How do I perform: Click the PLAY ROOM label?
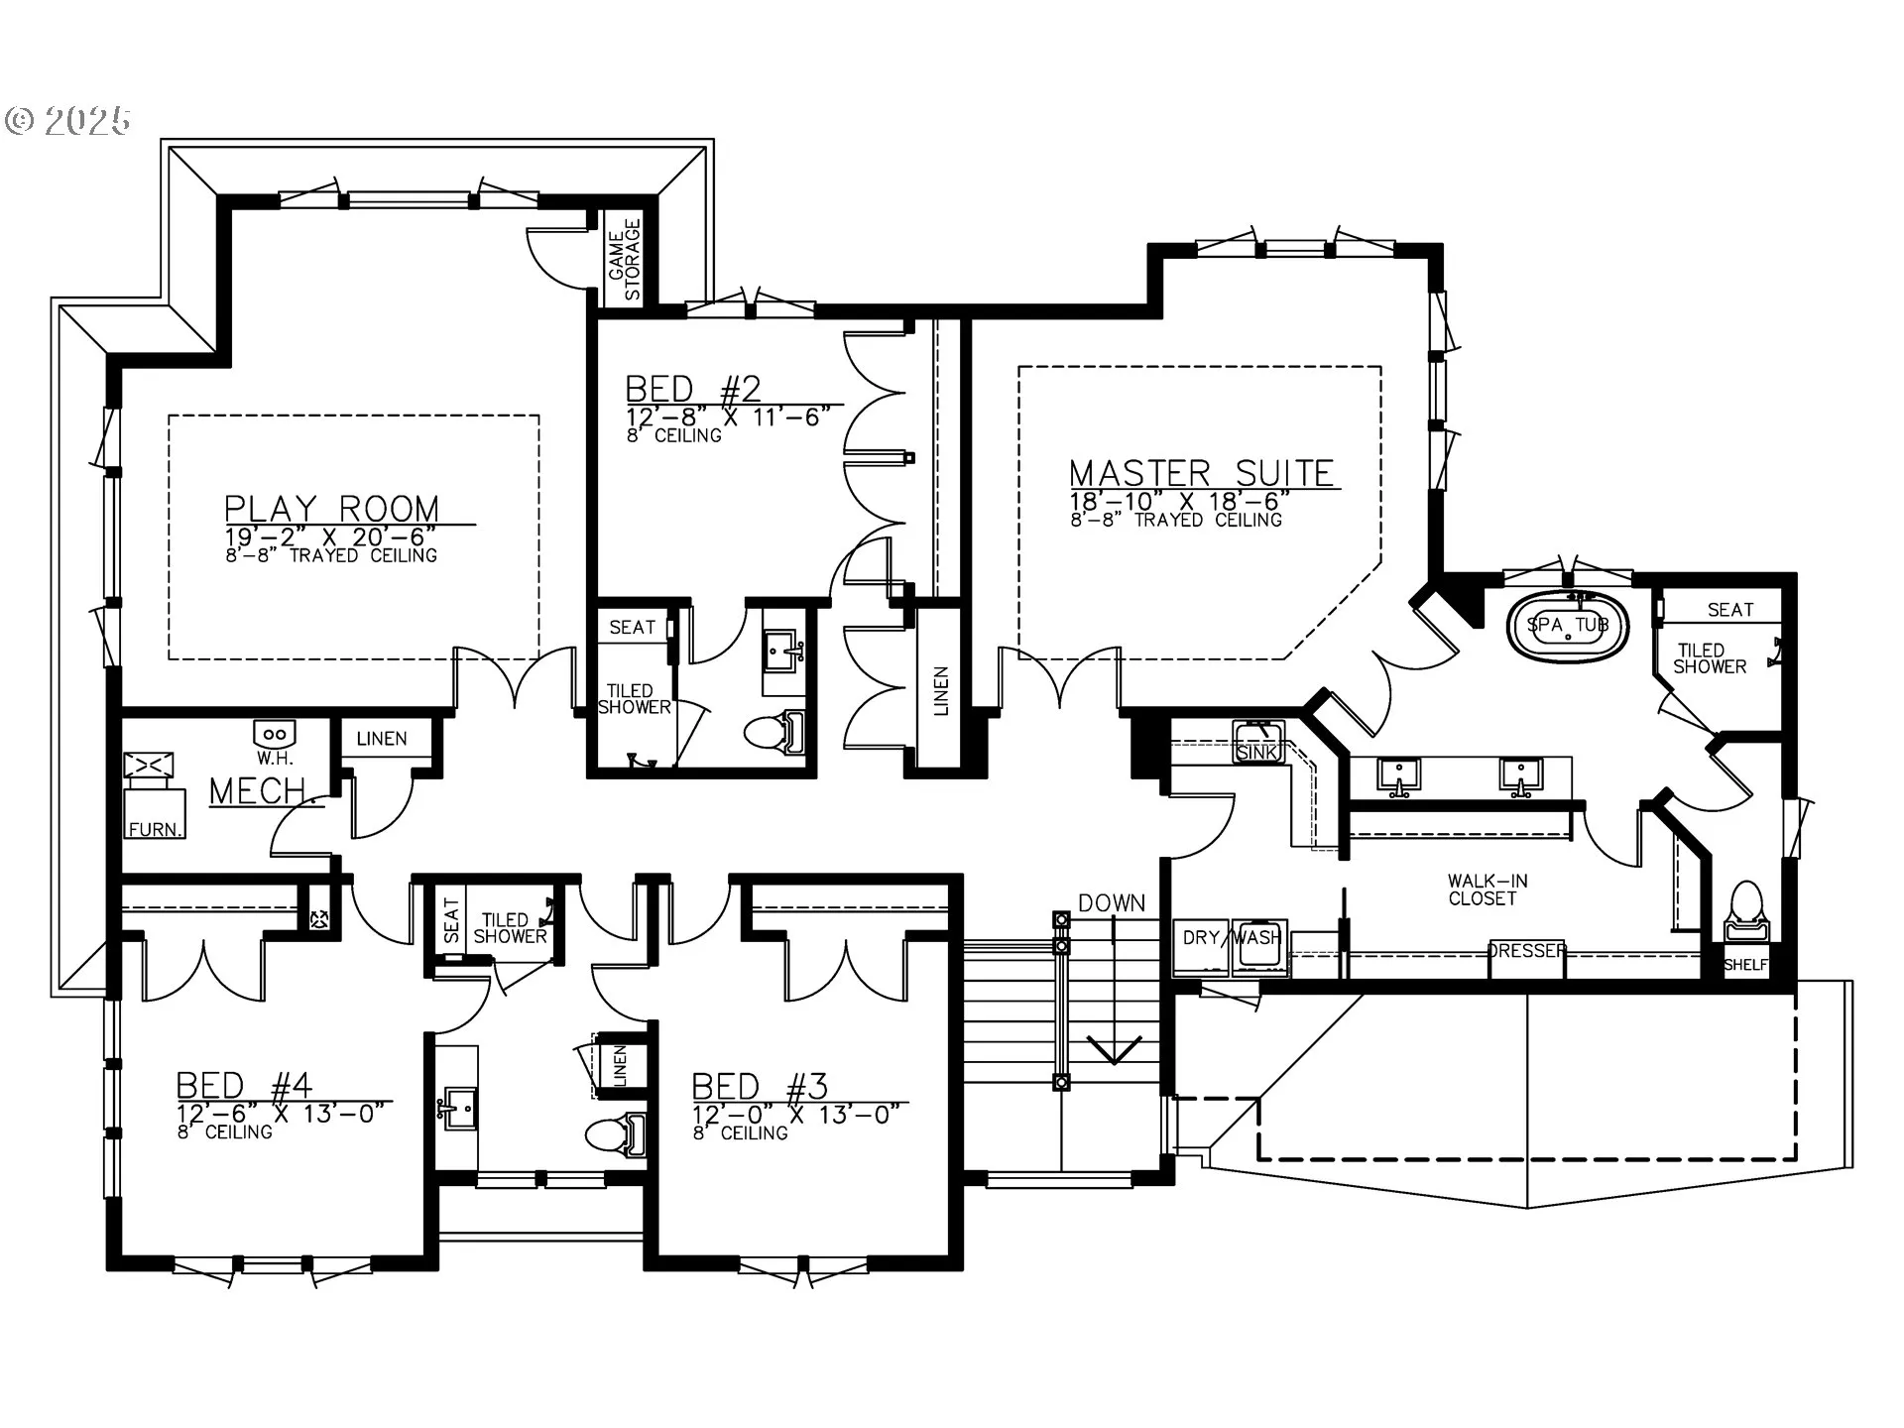pos(332,509)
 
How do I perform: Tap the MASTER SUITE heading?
pos(1202,473)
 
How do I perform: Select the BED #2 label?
pos(694,388)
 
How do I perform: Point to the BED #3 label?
pos(761,1086)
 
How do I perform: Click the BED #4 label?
pos(245,1085)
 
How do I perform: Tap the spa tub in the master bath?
pos(1568,626)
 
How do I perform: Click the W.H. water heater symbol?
pos(275,735)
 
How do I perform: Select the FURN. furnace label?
pos(156,829)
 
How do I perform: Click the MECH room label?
pos(258,791)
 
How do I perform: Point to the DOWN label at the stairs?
pos(1112,903)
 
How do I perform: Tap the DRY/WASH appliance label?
pos(1232,937)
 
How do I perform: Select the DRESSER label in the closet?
pos(1527,951)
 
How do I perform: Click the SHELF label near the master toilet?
pos(1746,965)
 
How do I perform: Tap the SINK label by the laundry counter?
pos(1257,753)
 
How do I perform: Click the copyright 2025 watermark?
pos(67,121)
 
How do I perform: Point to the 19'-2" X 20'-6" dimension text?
pos(330,536)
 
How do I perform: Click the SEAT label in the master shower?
pos(1730,610)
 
